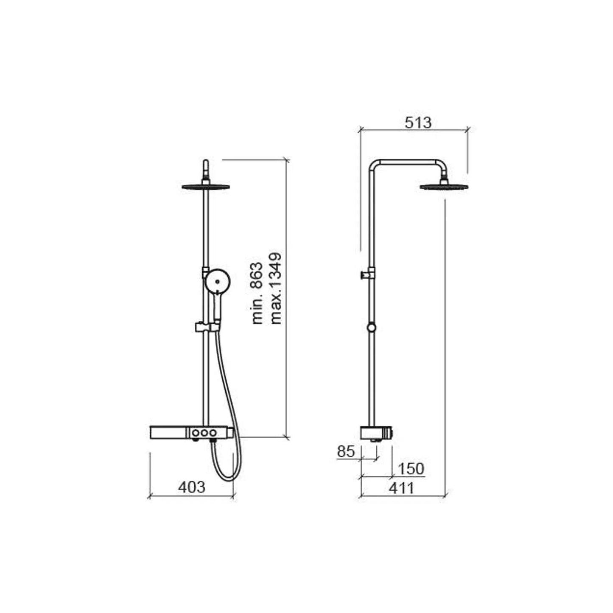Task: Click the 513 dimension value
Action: click(418, 123)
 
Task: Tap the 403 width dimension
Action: click(191, 487)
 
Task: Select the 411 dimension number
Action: click(401, 488)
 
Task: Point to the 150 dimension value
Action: click(411, 469)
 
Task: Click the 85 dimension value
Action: click(346, 451)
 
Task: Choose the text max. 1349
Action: click(275, 289)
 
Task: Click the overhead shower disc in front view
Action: click(205, 187)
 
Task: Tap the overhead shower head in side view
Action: click(444, 187)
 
